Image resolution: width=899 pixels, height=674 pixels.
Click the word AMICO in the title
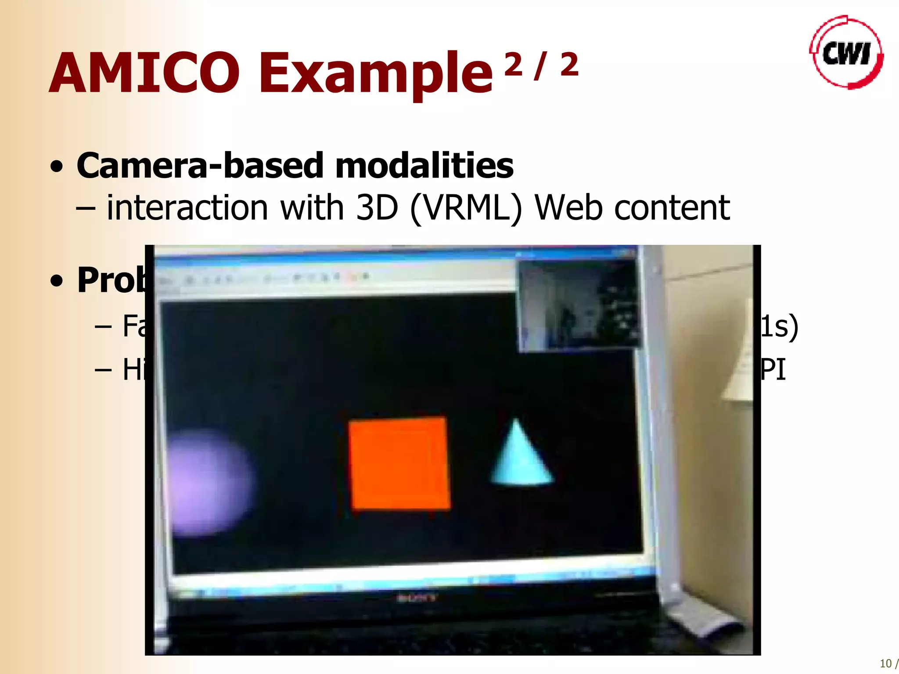[x=145, y=73]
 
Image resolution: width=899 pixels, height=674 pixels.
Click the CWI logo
[x=846, y=53]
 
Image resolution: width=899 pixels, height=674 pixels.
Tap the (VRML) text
[x=466, y=208]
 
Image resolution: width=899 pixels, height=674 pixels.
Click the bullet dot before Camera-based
[x=57, y=167]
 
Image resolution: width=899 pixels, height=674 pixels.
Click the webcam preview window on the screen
[x=579, y=305]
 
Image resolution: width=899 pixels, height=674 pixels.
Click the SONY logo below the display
[x=417, y=598]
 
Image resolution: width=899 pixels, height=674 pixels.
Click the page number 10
[x=885, y=663]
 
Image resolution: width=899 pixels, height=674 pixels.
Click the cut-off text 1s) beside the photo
[x=779, y=326]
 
